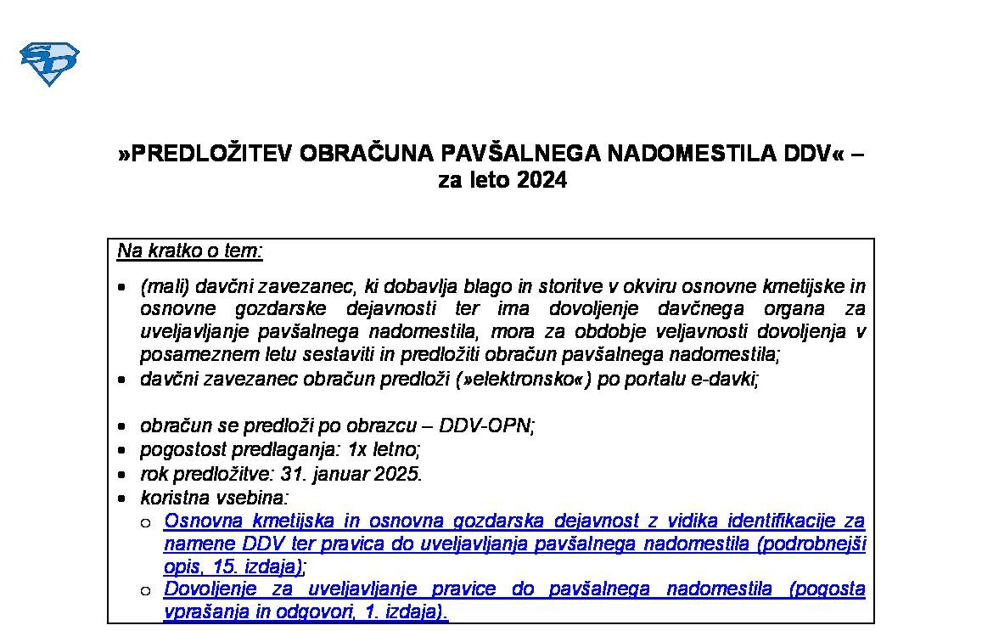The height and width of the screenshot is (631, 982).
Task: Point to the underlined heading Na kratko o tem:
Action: coord(190,251)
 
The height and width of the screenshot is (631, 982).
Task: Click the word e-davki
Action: coord(729,379)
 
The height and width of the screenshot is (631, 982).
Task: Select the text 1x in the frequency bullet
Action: coord(360,449)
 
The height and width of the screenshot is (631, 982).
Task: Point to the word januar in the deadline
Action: coord(340,474)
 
